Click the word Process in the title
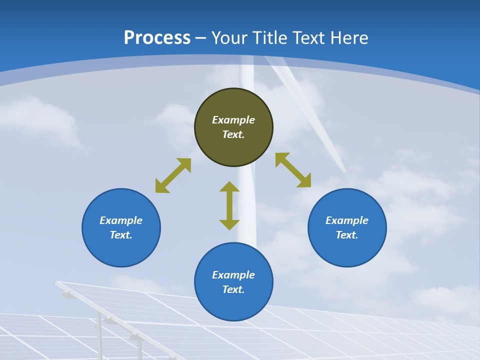[157, 38]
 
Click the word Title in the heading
[270, 38]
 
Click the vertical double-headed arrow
[229, 205]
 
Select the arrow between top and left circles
[173, 175]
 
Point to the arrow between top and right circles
[293, 170]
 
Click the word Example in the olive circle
[233, 120]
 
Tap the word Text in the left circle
[120, 235]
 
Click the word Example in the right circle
[347, 220]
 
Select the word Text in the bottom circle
[233, 289]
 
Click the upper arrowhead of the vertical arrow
[229, 186]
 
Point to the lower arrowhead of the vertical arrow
[229, 224]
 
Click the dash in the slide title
[200, 38]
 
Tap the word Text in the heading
[309, 38]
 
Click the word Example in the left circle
[121, 220]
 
